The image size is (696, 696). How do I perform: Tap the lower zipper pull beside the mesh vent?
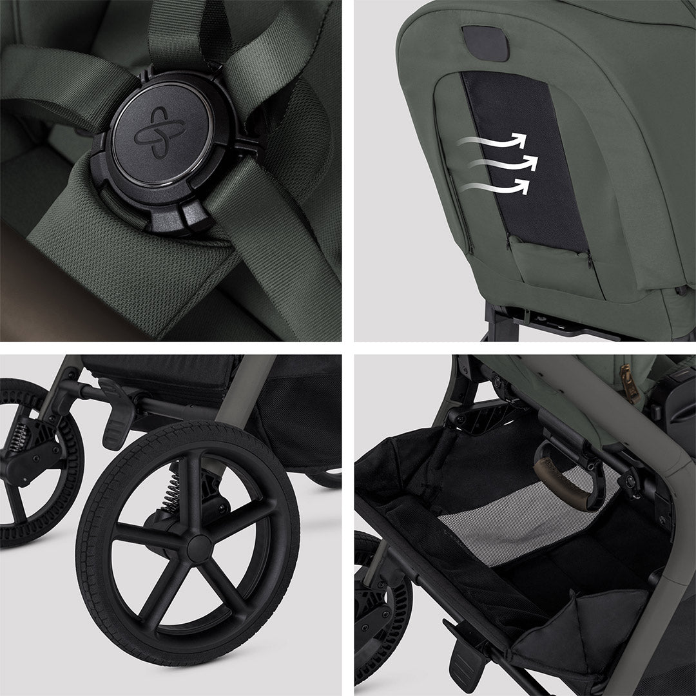click(x=588, y=257)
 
